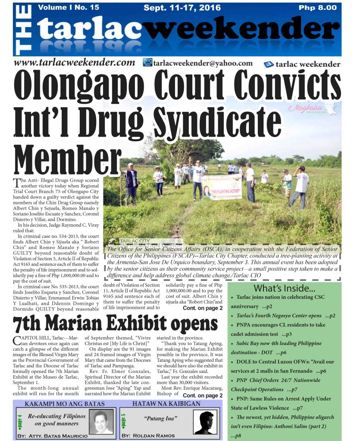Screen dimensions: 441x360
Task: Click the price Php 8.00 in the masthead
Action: pos(318,8)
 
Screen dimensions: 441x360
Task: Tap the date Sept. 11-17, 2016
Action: pos(182,8)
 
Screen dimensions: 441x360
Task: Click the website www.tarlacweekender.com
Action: pos(75,63)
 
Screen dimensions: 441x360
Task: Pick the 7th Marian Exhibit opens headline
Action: pos(115,323)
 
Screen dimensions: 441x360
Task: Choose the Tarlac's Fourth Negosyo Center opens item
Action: pos(282,316)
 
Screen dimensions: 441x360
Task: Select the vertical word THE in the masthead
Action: pos(25,29)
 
